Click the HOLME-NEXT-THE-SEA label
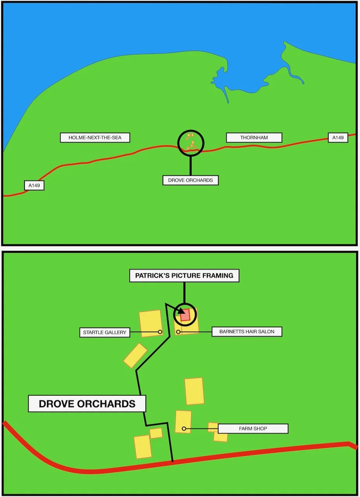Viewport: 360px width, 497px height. (x=95, y=137)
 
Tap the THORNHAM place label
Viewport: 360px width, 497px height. (x=254, y=137)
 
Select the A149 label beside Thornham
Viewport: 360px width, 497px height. (x=338, y=137)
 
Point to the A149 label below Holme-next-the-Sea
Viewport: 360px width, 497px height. (x=34, y=186)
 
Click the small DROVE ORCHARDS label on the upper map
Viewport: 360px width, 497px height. (x=190, y=180)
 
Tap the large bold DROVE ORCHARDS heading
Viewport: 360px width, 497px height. (x=87, y=404)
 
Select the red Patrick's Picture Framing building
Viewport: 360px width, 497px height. (x=186, y=315)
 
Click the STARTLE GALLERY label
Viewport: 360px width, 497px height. (x=105, y=332)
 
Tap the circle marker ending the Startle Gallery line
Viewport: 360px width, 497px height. (x=160, y=332)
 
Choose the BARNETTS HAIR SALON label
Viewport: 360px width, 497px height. (x=247, y=332)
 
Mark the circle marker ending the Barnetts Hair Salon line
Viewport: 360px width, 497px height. (x=178, y=332)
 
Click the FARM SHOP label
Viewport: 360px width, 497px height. (x=253, y=429)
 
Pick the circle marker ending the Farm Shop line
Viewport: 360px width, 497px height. (x=184, y=429)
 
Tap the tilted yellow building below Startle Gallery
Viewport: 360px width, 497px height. (x=135, y=355)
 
